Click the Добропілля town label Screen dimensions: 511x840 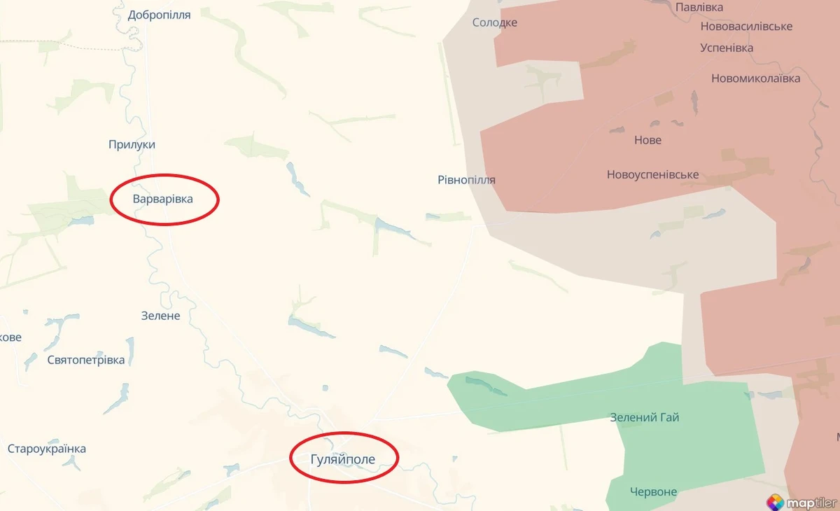tap(160, 15)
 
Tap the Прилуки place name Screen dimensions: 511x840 tap(132, 144)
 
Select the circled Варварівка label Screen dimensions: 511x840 tap(163, 199)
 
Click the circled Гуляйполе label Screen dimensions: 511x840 tap(343, 459)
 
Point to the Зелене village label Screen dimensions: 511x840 tap(160, 316)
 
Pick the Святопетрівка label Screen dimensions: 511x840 tap(86, 360)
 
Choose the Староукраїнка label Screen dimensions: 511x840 tap(47, 449)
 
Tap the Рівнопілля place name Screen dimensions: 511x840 tap(466, 180)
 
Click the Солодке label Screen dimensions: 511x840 tap(495, 22)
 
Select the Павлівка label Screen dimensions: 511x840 tap(699, 7)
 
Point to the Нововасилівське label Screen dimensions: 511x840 tap(746, 26)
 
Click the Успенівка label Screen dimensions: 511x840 tap(727, 48)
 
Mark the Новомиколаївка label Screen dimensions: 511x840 tap(755, 78)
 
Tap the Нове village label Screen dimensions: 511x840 tap(647, 140)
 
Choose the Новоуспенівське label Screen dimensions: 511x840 tap(652, 175)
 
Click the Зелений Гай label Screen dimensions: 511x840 tap(644, 418)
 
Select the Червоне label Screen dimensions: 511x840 tap(653, 491)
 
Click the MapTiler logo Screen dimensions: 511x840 tap(801, 501)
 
